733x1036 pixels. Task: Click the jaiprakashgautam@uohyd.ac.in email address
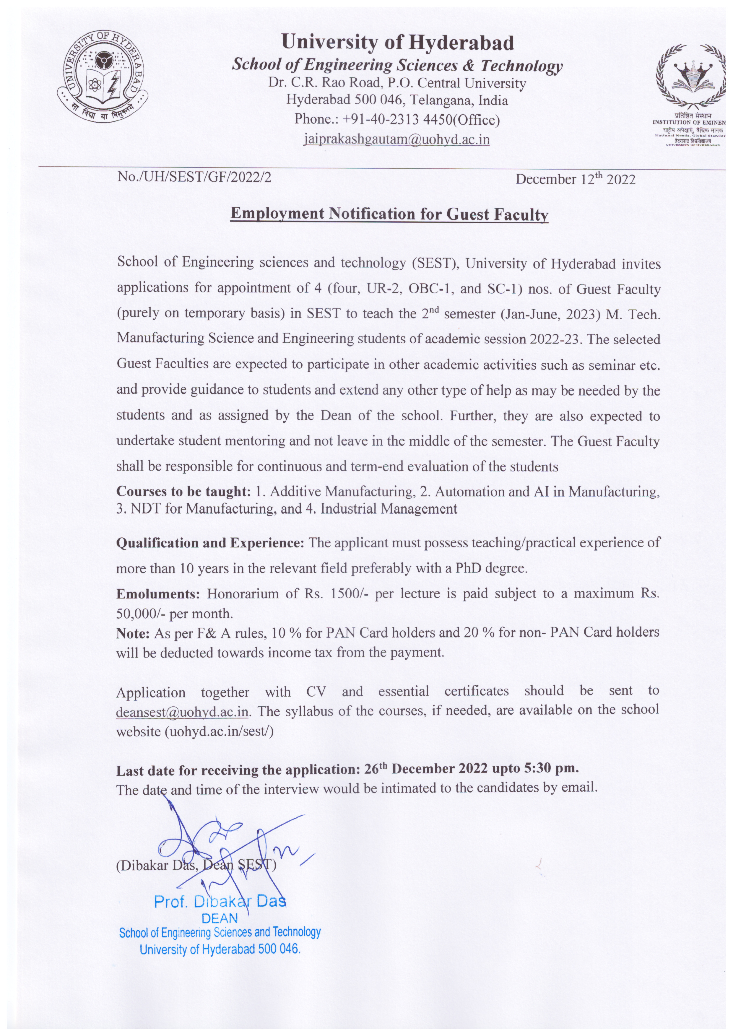pos(397,139)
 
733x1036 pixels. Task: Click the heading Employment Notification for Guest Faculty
pos(389,214)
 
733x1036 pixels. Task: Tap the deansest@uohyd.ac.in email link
pos(182,712)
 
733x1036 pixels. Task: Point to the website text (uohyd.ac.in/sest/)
pos(219,731)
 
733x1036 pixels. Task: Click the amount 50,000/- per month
pos(175,614)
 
